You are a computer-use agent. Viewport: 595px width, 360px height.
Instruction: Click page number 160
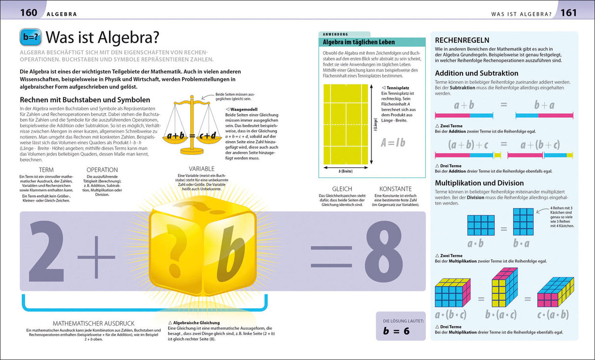(x=28, y=13)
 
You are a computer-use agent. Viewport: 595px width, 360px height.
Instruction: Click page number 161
(x=569, y=13)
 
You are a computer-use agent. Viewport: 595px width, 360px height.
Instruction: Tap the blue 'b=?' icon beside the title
(x=31, y=38)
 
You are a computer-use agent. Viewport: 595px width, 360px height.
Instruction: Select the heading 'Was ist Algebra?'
(x=104, y=38)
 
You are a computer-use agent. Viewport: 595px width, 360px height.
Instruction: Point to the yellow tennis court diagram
(x=345, y=124)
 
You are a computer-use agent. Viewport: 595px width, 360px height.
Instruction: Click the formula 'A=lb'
(x=393, y=142)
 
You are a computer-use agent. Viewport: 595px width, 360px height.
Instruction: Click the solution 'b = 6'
(x=396, y=331)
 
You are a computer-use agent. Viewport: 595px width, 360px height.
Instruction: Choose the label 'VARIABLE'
(x=202, y=169)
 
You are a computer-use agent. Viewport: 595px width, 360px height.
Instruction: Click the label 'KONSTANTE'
(x=396, y=189)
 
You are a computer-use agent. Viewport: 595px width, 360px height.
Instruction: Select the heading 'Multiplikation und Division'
(x=479, y=182)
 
